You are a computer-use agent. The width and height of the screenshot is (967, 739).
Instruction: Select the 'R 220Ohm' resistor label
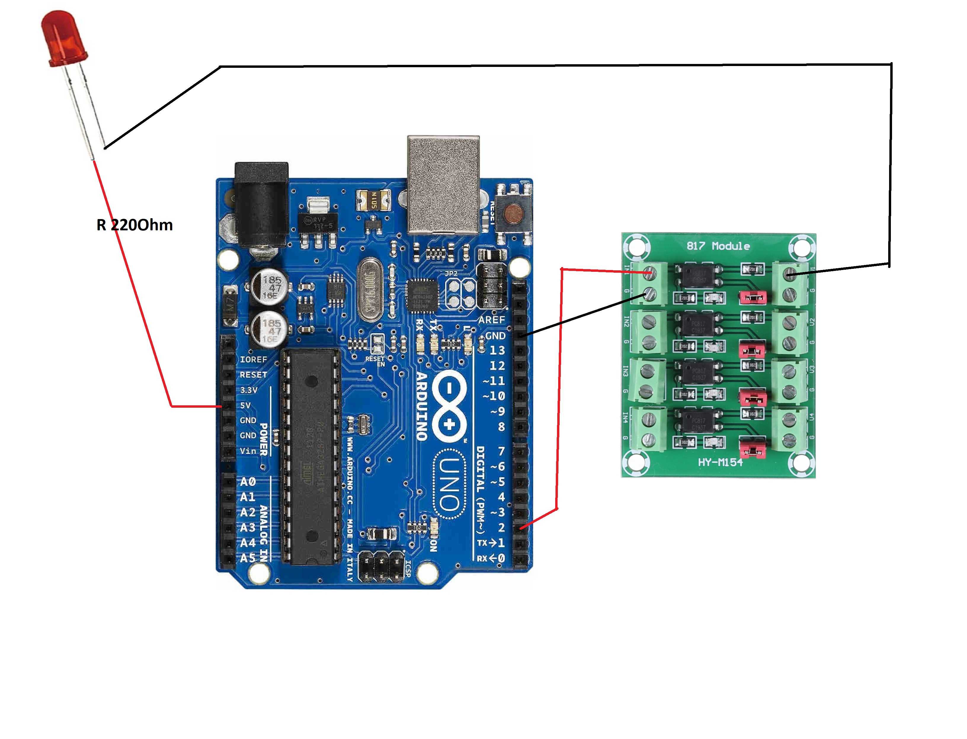click(134, 225)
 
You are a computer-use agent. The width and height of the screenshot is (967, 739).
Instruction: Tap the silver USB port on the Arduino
click(443, 184)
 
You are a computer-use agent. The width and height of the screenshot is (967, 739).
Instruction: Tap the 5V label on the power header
click(245, 405)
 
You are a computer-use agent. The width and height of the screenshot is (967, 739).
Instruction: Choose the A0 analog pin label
click(247, 482)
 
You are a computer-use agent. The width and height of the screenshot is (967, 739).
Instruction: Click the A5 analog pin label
click(247, 558)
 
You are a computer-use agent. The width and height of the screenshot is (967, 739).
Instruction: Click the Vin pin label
click(248, 451)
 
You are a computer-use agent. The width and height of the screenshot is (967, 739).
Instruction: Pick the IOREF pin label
click(253, 359)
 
